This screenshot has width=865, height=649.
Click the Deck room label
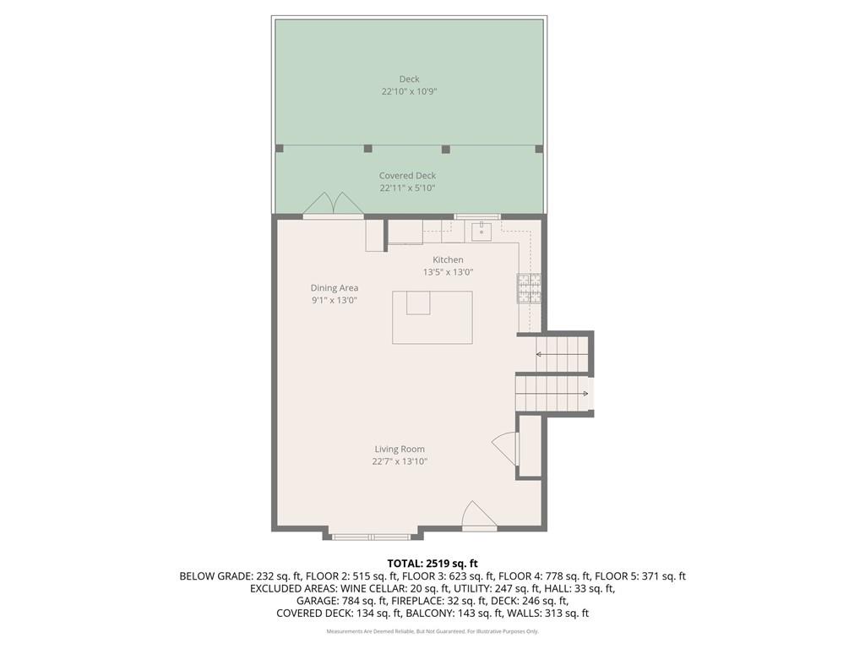[x=409, y=79]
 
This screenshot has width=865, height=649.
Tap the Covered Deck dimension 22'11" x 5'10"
[x=407, y=188]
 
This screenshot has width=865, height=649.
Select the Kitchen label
[x=448, y=259]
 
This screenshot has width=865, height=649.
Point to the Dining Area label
[x=334, y=288]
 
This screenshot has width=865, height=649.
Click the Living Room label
[x=400, y=450]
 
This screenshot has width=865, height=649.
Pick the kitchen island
[x=432, y=317]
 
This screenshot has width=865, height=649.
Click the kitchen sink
[x=481, y=231]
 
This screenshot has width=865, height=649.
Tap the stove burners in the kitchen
[x=529, y=288]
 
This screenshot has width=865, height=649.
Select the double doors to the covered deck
[x=333, y=205]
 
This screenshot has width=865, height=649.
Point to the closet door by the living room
[x=505, y=448]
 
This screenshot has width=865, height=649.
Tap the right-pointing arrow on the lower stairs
[x=584, y=393]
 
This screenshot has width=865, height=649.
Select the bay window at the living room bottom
[x=372, y=536]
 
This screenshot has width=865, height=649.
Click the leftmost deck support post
[x=280, y=149]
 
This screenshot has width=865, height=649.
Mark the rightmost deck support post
[x=539, y=149]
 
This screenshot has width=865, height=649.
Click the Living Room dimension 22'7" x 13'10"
[x=400, y=461]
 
